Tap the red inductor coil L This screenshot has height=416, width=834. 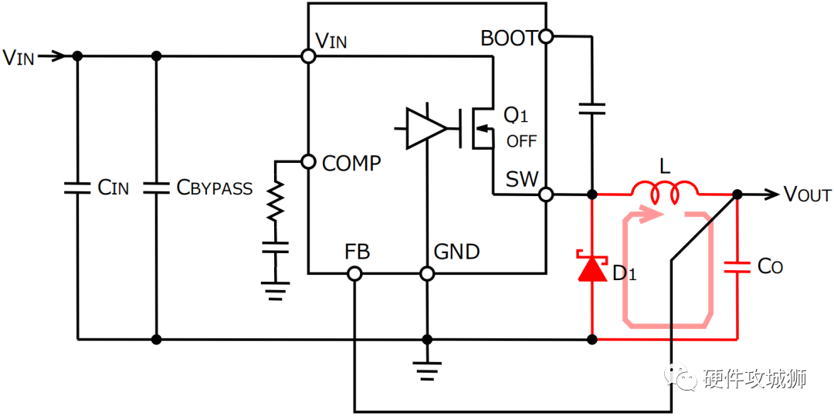(665, 192)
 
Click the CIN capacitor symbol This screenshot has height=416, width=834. (78, 188)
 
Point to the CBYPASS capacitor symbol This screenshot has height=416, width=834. (156, 188)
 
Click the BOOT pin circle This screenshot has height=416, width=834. (546, 36)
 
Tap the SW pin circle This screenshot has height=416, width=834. (546, 195)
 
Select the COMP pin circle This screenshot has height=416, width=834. (308, 161)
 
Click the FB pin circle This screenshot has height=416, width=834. (354, 274)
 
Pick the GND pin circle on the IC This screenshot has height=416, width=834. (426, 274)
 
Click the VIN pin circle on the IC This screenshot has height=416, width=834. (308, 56)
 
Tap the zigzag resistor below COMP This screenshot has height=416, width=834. (275, 202)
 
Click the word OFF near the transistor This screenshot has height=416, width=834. (521, 141)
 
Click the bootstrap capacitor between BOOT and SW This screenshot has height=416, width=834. (592, 109)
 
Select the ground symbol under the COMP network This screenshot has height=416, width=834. (275, 291)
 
